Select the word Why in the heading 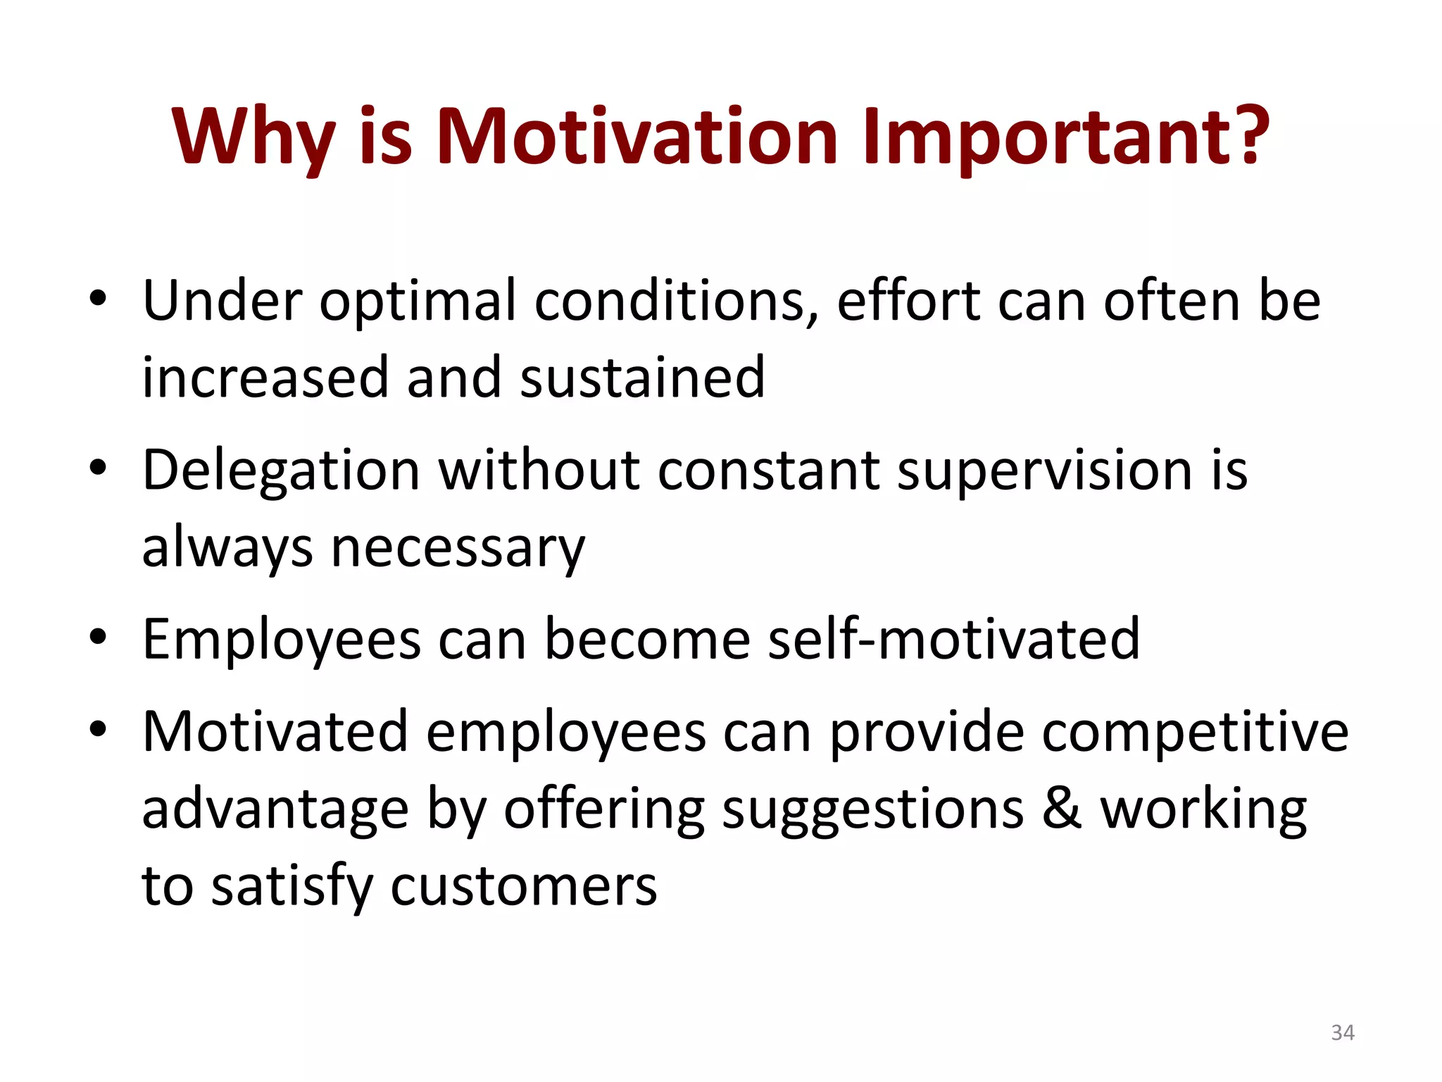tap(253, 137)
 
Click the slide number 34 tap(1342, 1033)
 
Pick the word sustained tap(642, 378)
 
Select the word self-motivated tap(953, 638)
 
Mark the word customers tap(524, 886)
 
